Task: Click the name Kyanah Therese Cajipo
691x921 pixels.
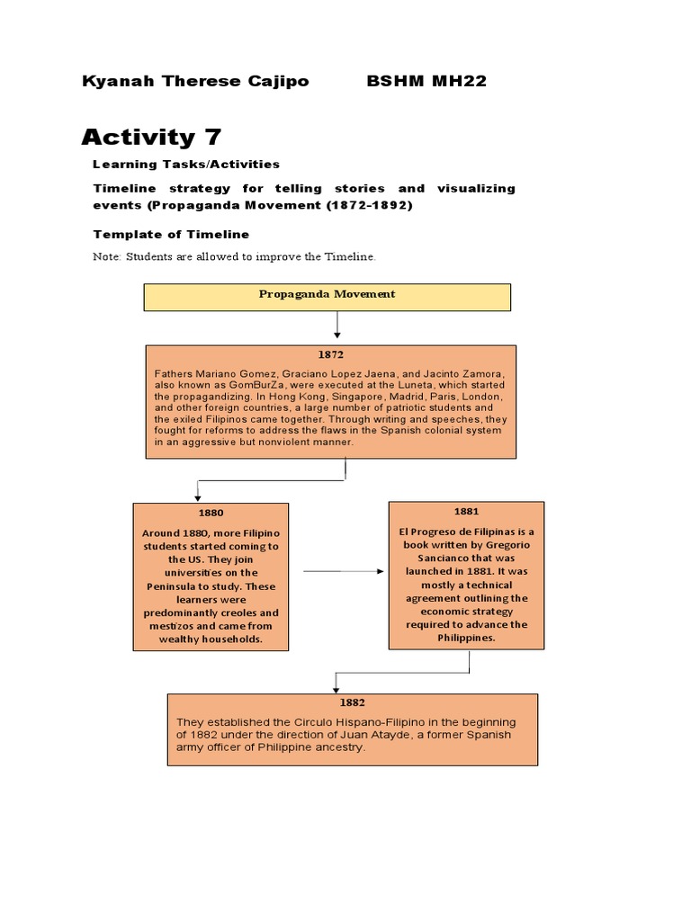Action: [x=195, y=82]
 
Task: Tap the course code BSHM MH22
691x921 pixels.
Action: [x=426, y=82]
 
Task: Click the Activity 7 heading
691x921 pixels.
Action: [x=151, y=137]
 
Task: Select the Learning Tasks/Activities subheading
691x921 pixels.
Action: [x=186, y=165]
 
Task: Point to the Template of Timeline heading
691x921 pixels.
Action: [x=171, y=234]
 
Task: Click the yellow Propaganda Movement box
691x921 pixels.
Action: [x=328, y=296]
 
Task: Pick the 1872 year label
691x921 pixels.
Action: [x=330, y=355]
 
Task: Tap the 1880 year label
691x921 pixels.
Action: [x=211, y=513]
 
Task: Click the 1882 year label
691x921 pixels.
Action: [x=352, y=702]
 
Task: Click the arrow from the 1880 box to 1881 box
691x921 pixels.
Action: [x=343, y=571]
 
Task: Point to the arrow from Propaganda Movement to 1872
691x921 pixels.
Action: [x=337, y=325]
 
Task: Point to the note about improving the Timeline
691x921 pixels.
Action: [x=234, y=257]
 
